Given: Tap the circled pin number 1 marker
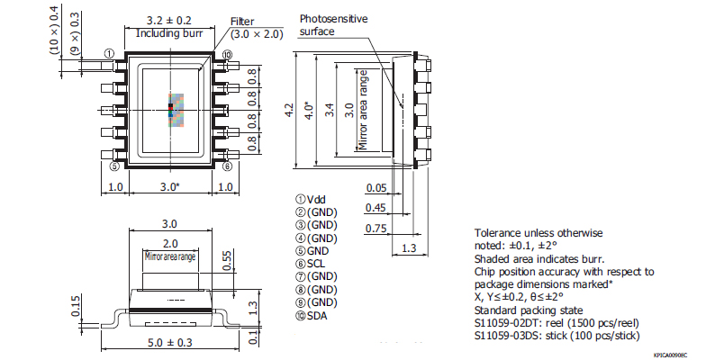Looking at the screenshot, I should [x=109, y=54].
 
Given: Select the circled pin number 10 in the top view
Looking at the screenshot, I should [x=227, y=55].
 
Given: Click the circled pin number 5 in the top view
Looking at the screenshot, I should [x=113, y=166].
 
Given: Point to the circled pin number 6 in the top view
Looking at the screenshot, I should [x=228, y=166].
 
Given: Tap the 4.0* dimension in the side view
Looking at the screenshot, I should [x=310, y=109].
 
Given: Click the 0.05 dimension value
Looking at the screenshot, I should [x=376, y=188].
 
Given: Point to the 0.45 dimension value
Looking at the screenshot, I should [x=376, y=208].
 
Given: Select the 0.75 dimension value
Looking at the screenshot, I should [x=376, y=228].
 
